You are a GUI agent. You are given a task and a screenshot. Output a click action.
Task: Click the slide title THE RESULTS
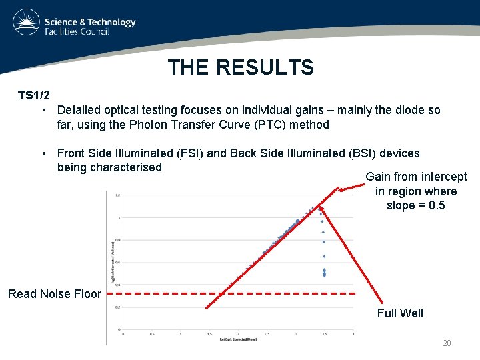pyautogui.click(x=240, y=67)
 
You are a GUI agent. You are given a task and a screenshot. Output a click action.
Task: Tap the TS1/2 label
pyautogui.click(x=33, y=95)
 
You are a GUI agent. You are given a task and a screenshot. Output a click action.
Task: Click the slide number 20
pyautogui.click(x=447, y=343)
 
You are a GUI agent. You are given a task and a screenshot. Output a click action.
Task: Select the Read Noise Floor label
pyautogui.click(x=55, y=294)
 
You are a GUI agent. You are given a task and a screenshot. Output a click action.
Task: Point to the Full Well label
pyautogui.click(x=400, y=313)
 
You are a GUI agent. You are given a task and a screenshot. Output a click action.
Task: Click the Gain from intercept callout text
pyautogui.click(x=416, y=191)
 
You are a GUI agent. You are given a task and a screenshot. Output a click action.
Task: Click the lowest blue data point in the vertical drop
pyautogui.click(x=324, y=275)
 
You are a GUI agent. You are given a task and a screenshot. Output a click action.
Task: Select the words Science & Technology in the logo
pyautogui.click(x=90, y=22)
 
